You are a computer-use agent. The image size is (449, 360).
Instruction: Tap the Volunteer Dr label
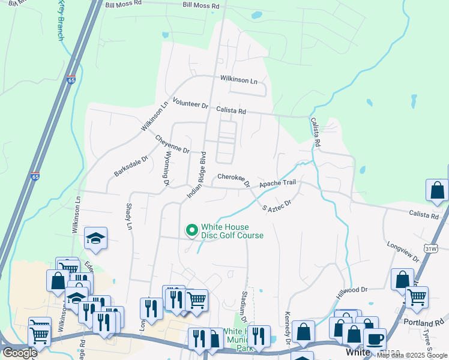(190, 103)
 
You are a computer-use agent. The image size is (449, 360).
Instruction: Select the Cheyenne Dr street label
(172, 144)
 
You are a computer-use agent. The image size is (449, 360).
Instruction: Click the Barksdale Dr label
(131, 167)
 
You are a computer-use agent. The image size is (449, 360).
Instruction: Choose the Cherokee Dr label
(234, 178)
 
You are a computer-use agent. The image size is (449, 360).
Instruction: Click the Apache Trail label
(278, 183)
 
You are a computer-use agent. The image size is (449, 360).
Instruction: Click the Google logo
(19, 353)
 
